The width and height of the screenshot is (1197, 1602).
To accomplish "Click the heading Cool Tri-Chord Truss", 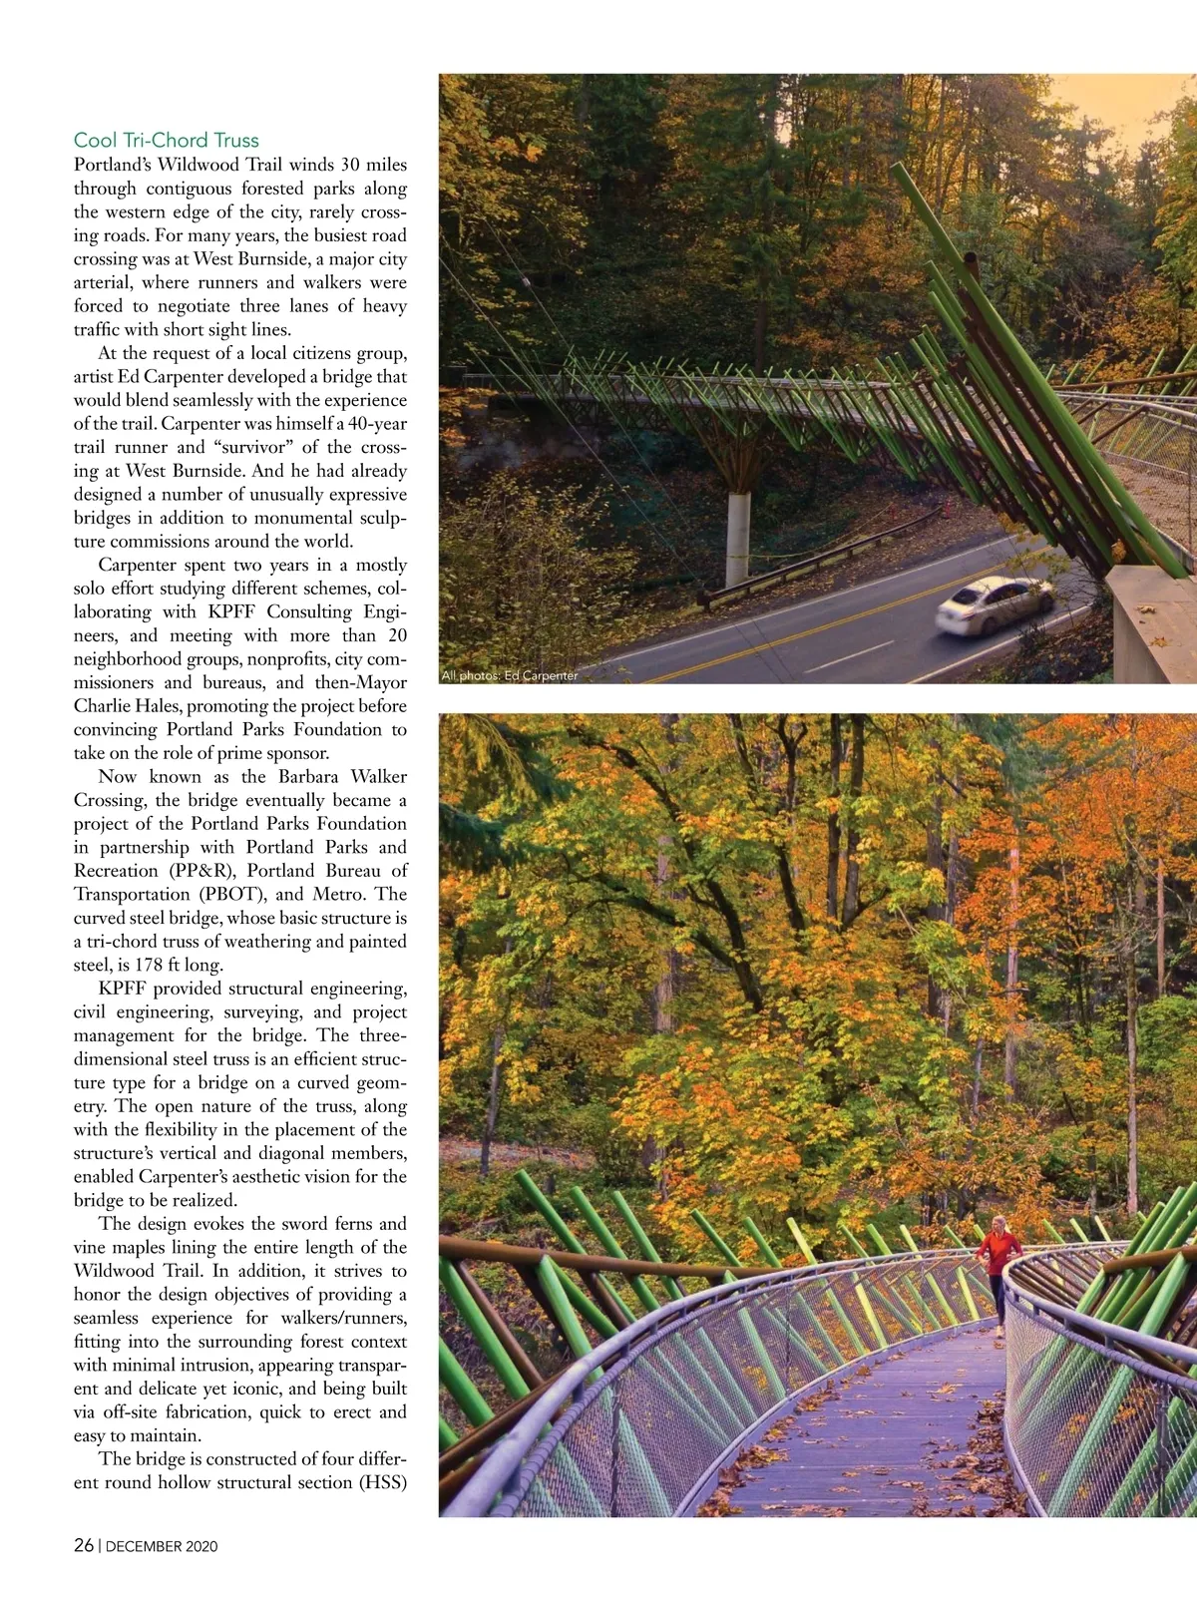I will [x=166, y=141].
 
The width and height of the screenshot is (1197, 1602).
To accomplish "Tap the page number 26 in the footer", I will [x=84, y=1545].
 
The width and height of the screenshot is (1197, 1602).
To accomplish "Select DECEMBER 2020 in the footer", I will [x=162, y=1546].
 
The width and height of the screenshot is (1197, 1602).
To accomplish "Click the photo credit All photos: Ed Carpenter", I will [x=509, y=675].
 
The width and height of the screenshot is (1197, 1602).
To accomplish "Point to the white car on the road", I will [x=995, y=603].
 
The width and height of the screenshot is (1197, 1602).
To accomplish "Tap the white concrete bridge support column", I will [x=737, y=538].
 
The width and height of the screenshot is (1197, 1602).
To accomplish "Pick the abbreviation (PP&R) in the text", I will [x=196, y=871].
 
